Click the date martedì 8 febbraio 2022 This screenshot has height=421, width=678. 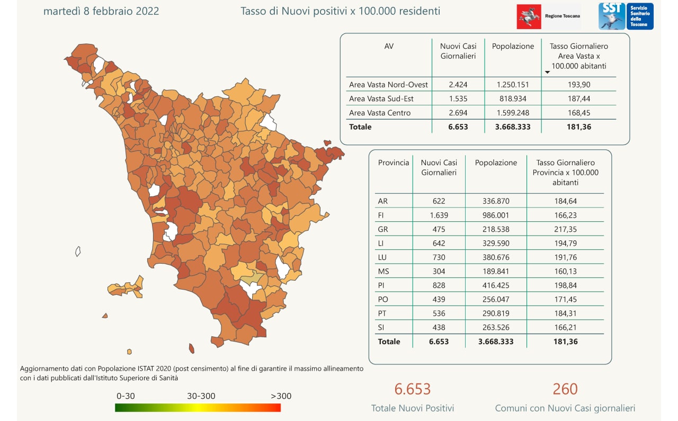[101, 11]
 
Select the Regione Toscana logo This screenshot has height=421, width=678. [549, 16]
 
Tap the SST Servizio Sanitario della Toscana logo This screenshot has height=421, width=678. [626, 16]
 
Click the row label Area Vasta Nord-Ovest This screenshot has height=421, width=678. [388, 85]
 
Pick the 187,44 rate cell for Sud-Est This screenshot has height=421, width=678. [578, 99]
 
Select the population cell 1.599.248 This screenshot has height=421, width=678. [513, 113]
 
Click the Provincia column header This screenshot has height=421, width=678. [394, 163]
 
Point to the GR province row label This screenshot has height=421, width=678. [383, 229]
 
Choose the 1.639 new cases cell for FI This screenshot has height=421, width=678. [439, 216]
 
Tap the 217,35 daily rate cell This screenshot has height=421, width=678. [565, 229]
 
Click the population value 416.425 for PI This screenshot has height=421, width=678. [496, 285]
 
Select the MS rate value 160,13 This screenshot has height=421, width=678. [565, 271]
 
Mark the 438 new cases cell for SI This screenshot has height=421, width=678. [439, 327]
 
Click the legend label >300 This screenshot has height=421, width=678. [281, 396]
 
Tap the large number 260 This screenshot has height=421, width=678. [565, 389]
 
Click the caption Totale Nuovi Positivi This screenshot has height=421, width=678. [413, 408]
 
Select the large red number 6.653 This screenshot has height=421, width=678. [413, 389]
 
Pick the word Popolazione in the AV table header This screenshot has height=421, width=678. [513, 46]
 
